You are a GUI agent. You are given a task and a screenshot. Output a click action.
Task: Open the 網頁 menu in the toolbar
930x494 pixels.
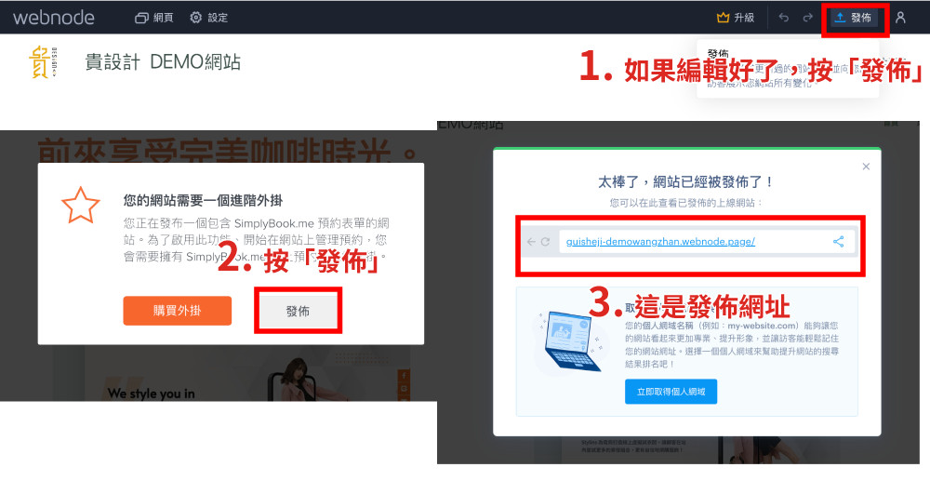(154, 18)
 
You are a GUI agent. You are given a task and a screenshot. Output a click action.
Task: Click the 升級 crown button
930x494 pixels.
(736, 18)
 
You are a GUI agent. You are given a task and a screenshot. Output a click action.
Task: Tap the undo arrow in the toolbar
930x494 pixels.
(784, 18)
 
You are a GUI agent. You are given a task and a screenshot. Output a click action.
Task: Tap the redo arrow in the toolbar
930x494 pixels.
(807, 18)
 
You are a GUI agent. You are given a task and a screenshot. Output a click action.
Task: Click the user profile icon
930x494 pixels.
(900, 18)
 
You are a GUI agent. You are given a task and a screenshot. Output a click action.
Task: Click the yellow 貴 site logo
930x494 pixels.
(42, 62)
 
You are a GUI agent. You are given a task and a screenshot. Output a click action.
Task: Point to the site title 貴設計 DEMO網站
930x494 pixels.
(163, 62)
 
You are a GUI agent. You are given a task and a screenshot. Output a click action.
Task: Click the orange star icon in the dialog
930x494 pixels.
(80, 205)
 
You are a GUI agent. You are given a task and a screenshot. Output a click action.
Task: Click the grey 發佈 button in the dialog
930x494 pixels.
(298, 311)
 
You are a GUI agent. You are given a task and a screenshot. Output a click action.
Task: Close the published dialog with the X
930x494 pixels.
(866, 167)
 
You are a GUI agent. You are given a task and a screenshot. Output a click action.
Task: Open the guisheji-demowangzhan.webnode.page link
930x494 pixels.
(660, 242)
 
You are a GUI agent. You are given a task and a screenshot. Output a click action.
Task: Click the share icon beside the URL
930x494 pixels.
(838, 242)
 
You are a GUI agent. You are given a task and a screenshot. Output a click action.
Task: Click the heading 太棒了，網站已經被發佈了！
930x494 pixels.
(686, 182)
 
